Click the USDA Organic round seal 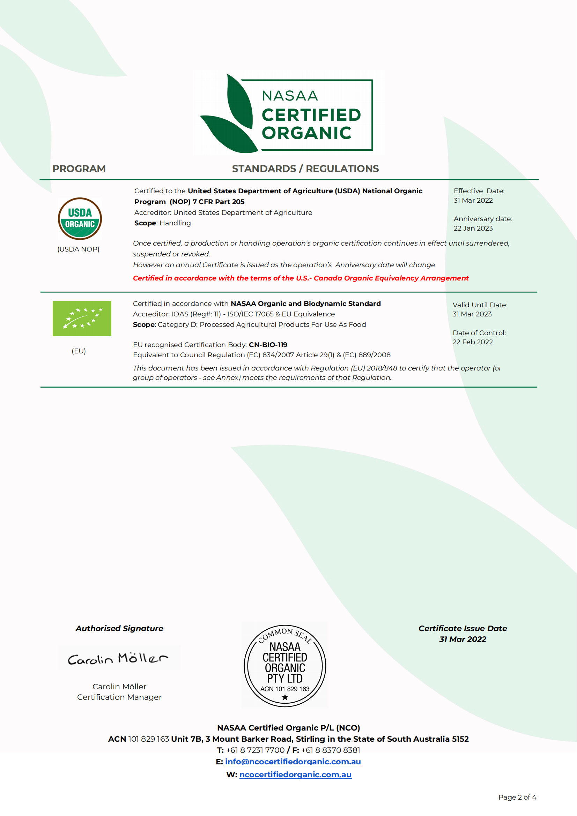click(80, 219)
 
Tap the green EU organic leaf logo click(82, 319)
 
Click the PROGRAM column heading click(79, 169)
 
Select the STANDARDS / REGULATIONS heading click(305, 169)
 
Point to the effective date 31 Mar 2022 click(473, 201)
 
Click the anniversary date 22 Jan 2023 click(473, 228)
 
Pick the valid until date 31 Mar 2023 click(472, 314)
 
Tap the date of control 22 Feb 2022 click(472, 342)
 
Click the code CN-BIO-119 click(268, 345)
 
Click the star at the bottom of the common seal click(285, 697)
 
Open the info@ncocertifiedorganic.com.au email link click(293, 762)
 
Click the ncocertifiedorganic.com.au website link click(295, 774)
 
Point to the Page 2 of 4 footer click(517, 797)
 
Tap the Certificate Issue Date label click(462, 628)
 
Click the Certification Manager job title click(119, 697)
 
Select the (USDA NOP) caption click(78, 249)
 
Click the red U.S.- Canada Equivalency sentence click(301, 278)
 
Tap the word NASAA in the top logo click(290, 96)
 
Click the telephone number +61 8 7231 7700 click(255, 750)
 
